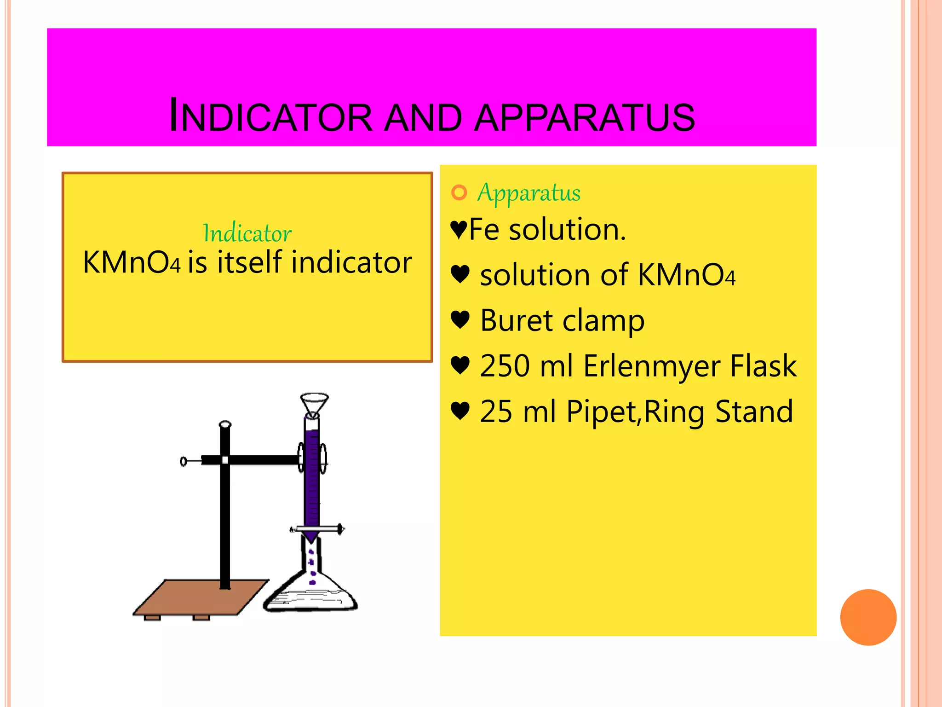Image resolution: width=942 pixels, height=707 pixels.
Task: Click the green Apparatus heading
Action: coord(529,192)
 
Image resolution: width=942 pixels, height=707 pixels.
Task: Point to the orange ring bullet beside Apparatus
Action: coord(459,192)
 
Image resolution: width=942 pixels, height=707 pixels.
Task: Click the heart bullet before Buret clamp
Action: coord(460,319)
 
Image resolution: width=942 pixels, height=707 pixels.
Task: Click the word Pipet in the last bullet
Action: coord(602,411)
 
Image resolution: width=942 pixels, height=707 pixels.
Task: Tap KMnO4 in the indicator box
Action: coord(132,262)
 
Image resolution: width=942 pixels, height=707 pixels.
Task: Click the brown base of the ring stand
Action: coord(201,598)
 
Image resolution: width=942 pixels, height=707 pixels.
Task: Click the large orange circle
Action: coord(868,617)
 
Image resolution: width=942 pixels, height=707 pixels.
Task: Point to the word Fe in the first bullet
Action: coord(484,230)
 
